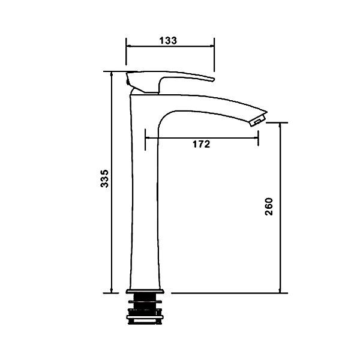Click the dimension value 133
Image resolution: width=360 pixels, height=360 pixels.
[168, 40]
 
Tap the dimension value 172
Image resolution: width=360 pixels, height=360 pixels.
[201, 144]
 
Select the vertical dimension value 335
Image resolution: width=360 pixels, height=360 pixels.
[104, 179]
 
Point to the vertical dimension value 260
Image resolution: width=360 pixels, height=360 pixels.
[269, 206]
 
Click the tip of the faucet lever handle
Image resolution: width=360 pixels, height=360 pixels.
[214, 80]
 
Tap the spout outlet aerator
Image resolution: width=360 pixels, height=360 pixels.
[258, 121]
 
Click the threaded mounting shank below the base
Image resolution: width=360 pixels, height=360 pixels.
[145, 309]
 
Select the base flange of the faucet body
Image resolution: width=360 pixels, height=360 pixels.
[145, 292]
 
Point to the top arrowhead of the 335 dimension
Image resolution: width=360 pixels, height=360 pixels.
[112, 74]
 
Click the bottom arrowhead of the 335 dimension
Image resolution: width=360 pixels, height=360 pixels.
[112, 290]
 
